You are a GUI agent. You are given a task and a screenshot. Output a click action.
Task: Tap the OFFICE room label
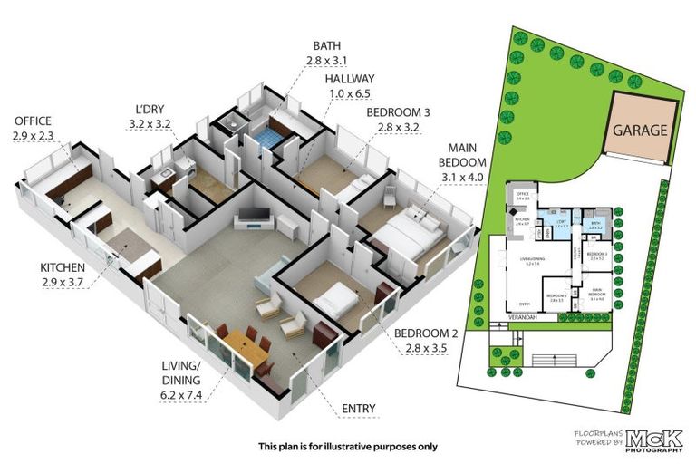pos(33,121)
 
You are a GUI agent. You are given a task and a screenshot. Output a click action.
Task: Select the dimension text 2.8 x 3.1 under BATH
pos(327,60)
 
